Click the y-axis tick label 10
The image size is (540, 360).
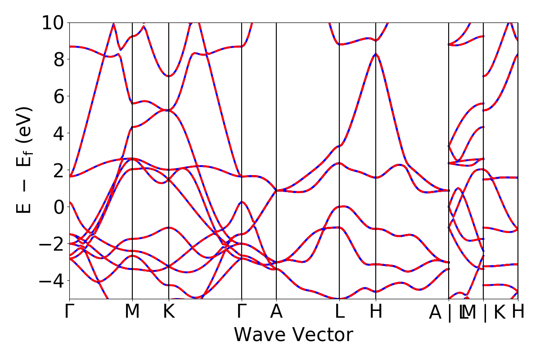click(x=53, y=22)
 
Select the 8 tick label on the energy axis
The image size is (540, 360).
click(x=58, y=59)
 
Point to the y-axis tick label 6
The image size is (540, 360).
click(x=58, y=96)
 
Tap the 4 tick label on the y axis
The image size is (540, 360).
click(x=58, y=133)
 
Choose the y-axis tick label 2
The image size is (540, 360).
click(x=58, y=170)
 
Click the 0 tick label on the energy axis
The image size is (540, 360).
click(x=58, y=207)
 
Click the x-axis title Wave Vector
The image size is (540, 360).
click(x=293, y=335)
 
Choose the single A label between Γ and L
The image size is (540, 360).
click(x=276, y=311)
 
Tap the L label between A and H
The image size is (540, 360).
click(x=339, y=311)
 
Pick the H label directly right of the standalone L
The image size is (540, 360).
click(x=376, y=311)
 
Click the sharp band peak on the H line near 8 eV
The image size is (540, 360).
click(x=375, y=54)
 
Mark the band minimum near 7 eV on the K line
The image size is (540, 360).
click(x=169, y=76)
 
